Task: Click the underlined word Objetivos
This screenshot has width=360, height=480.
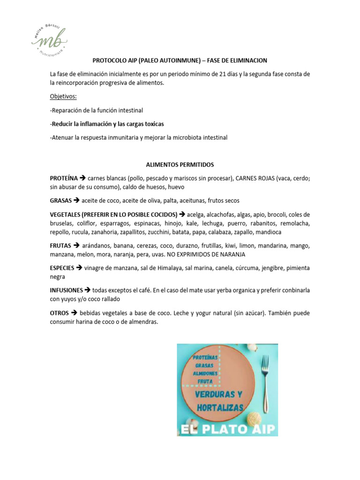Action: coord(64,96)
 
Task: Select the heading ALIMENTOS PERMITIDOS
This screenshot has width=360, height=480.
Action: coord(180,165)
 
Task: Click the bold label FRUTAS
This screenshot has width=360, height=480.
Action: coord(60,245)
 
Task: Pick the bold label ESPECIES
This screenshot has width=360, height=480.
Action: coord(62,268)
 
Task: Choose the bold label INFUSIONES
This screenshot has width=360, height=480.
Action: coord(66,290)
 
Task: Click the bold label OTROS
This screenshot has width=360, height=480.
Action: coord(60,313)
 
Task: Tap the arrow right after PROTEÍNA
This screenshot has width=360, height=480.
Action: coord(82,178)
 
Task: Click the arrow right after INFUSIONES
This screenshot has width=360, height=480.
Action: coord(88,290)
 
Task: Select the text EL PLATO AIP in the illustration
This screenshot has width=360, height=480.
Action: coord(227,428)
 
